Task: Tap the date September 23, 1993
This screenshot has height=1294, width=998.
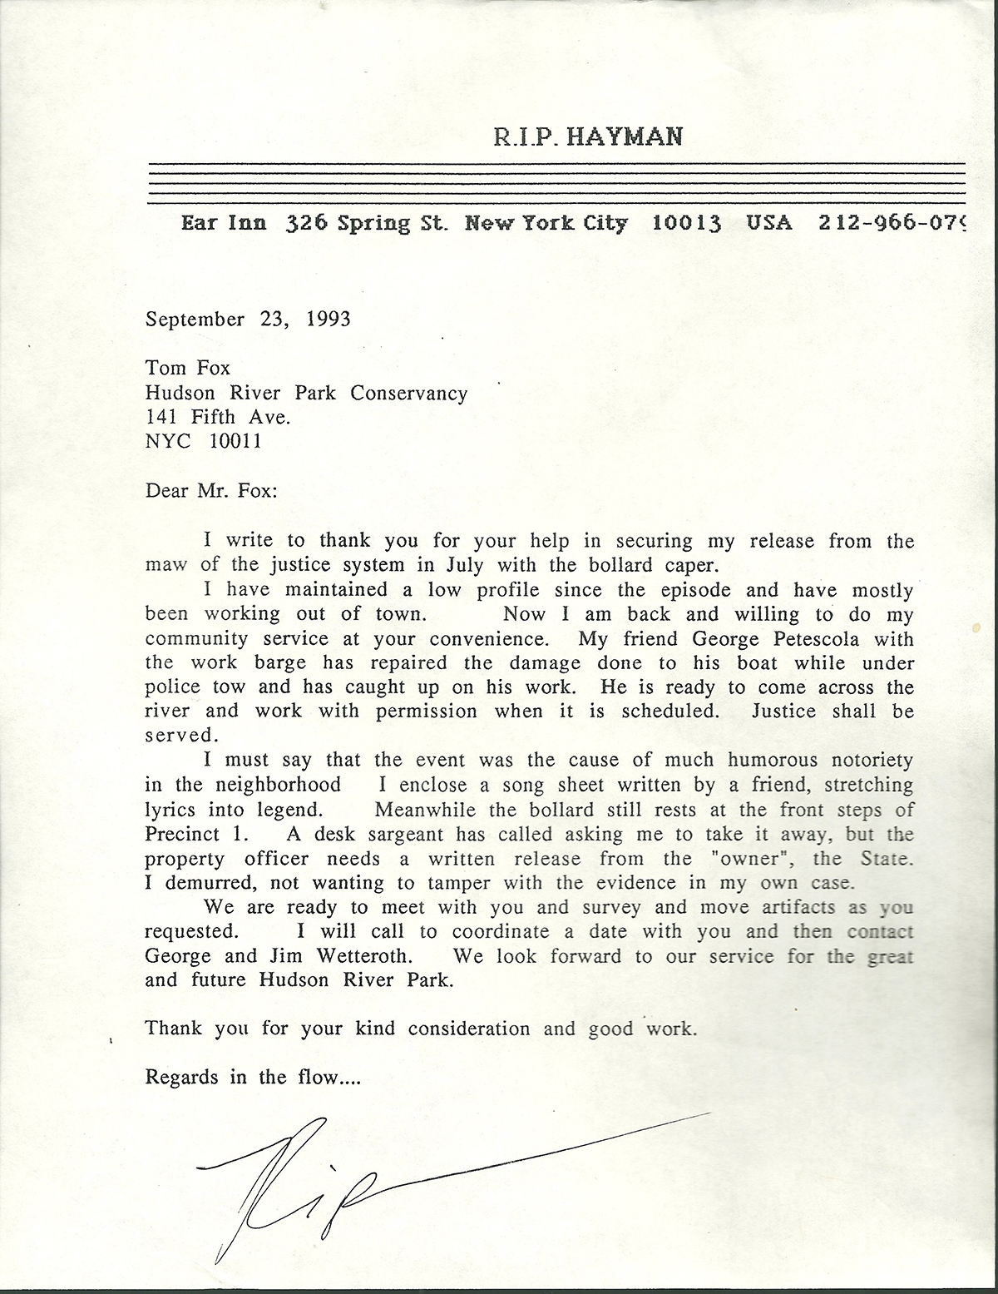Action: click(x=248, y=319)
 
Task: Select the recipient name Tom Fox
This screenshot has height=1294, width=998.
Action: click(x=188, y=368)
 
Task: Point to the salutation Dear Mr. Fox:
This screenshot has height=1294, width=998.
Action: click(x=211, y=490)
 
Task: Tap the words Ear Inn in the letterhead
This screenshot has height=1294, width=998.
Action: click(x=223, y=224)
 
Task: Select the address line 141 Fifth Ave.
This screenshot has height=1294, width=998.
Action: click(x=218, y=417)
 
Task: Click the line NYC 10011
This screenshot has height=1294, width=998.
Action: click(x=204, y=441)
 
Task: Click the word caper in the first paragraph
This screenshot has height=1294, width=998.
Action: click(x=689, y=565)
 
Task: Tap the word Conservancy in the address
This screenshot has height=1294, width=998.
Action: click(x=408, y=393)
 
